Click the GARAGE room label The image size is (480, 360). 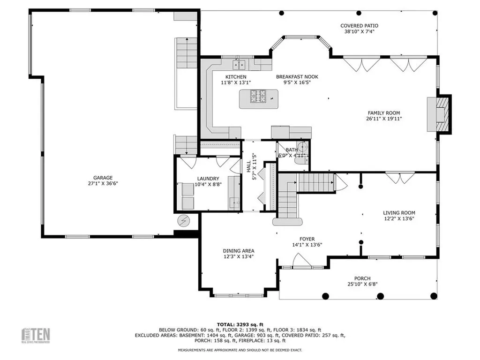tap(103, 178)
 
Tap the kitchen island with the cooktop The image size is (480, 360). tap(258, 99)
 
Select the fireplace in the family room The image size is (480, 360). tap(439, 114)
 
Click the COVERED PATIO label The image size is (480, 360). tap(359, 26)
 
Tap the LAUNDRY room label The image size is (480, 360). tap(208, 178)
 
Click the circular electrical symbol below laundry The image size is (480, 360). tap(183, 219)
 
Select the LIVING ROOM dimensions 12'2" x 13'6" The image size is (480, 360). tap(398, 218)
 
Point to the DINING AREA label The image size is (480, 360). tap(239, 251)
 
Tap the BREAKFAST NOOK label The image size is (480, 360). tap(293, 77)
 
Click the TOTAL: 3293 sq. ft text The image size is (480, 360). tap(240, 324)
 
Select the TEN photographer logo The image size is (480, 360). tap(37, 335)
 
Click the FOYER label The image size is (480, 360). tap(307, 239)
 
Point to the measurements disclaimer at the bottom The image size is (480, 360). tap(240, 350)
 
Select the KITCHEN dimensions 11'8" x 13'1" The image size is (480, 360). tap(236, 82)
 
